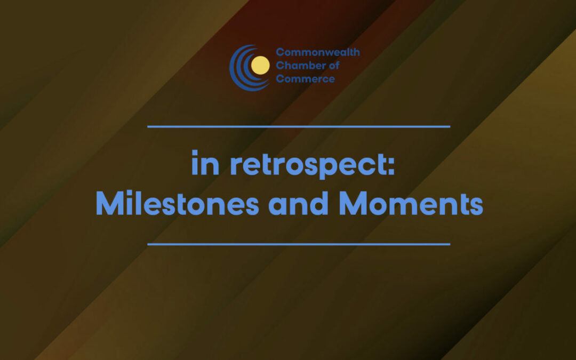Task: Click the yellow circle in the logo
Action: tap(260, 66)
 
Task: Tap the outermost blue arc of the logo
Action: tap(232, 67)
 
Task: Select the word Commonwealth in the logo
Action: tap(317, 52)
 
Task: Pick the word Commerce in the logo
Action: tap(305, 79)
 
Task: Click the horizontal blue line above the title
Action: tap(299, 127)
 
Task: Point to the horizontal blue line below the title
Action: tap(299, 244)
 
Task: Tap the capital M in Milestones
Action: tap(107, 204)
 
